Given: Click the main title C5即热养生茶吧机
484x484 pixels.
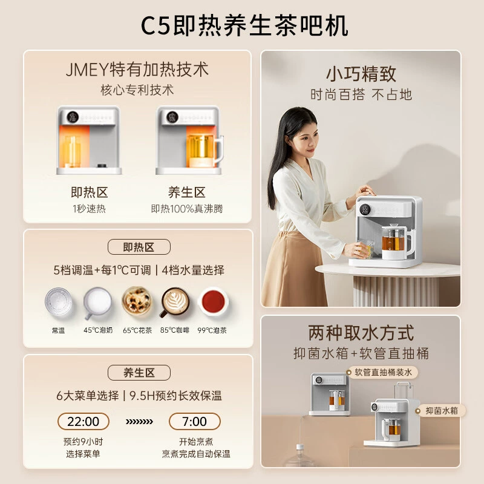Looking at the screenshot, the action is (244, 25).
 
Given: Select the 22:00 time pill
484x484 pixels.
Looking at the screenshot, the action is (83, 421).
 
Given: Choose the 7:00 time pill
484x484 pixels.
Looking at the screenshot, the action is (194, 421).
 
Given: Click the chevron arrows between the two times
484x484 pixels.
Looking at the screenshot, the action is (139, 422).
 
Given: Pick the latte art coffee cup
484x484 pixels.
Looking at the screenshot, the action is (175, 302).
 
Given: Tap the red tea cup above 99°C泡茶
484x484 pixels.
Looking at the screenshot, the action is (213, 302).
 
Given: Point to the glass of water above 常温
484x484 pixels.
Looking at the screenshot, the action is (59, 301).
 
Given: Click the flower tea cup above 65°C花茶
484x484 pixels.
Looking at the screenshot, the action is (137, 301).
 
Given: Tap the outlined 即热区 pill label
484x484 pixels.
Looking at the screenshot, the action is (139, 247).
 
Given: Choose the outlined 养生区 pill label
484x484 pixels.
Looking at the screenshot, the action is (139, 373).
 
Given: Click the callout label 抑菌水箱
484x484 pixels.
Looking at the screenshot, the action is (441, 411).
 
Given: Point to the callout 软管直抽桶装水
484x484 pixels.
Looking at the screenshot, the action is (382, 372).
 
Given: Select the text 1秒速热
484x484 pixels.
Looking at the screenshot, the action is (89, 209).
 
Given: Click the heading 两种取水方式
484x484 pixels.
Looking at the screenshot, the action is (361, 333).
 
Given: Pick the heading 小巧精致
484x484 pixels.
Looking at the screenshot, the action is (361, 74).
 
